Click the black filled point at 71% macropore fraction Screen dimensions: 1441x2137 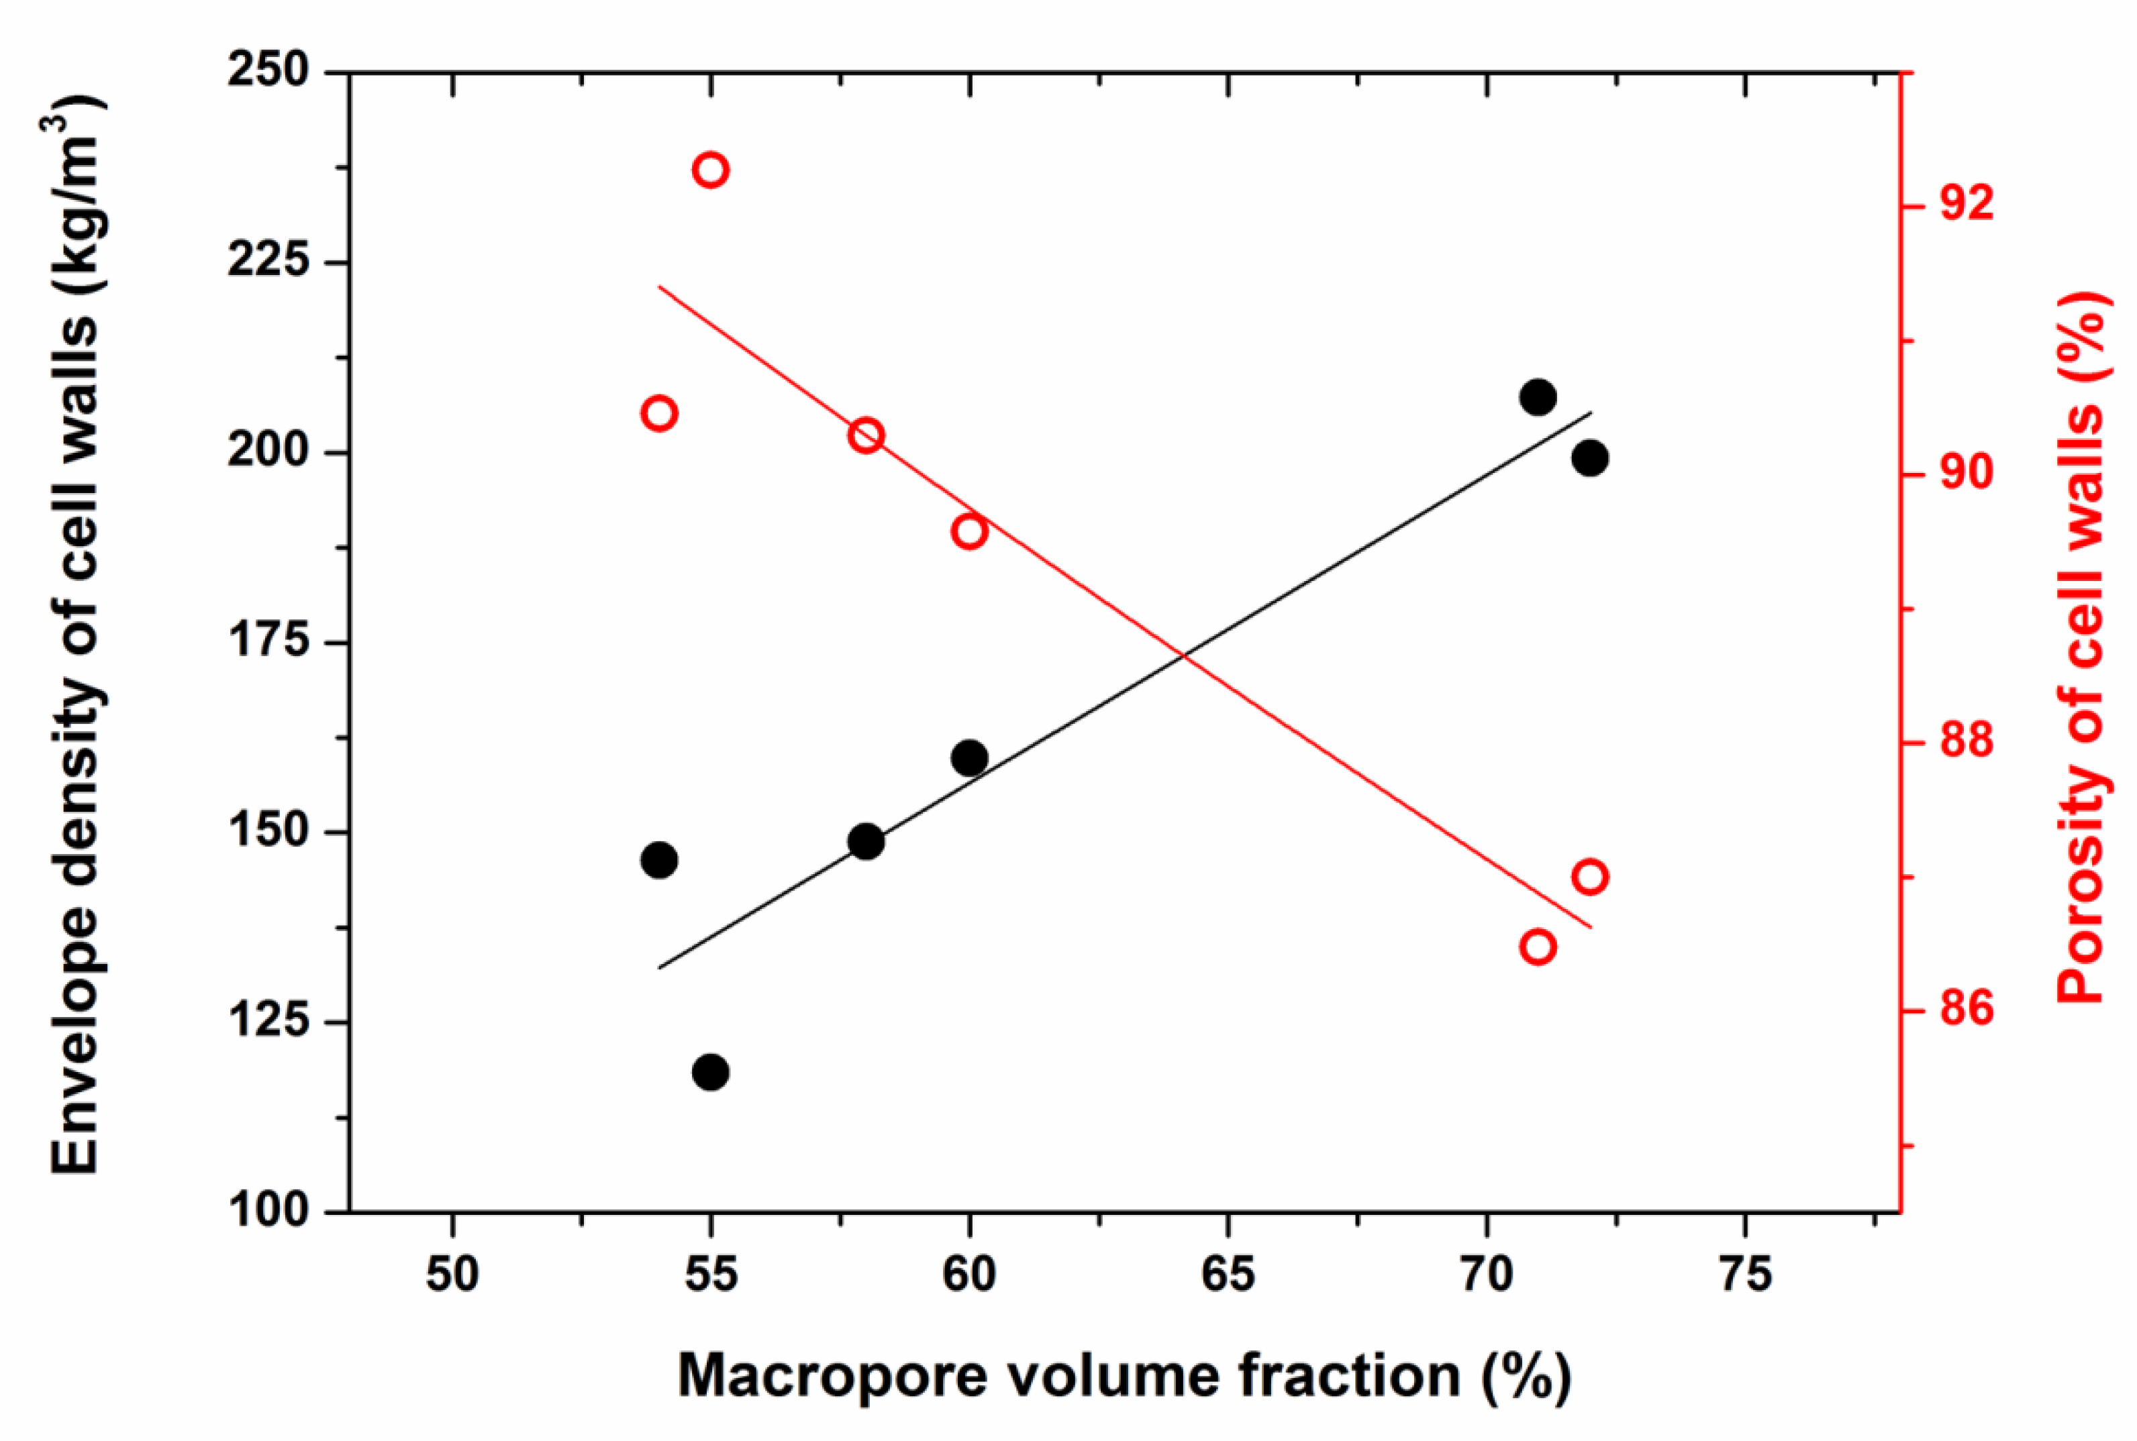(x=1538, y=398)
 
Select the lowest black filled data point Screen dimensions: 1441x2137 (x=711, y=1073)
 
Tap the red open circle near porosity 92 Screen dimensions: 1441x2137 (x=711, y=170)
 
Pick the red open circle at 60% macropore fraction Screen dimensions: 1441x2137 (x=970, y=532)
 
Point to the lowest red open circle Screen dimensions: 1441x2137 (x=1538, y=947)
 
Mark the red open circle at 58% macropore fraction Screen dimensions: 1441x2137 (x=866, y=435)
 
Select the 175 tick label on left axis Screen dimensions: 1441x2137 (x=268, y=641)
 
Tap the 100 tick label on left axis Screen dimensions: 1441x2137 (x=268, y=1212)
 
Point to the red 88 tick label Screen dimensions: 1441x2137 (x=1968, y=742)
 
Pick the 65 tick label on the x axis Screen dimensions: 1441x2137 (x=1228, y=1275)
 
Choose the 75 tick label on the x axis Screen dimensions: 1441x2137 (x=1744, y=1275)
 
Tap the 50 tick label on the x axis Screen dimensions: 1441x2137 (x=452, y=1275)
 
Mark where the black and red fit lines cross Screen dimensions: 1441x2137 (x=1183, y=655)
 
